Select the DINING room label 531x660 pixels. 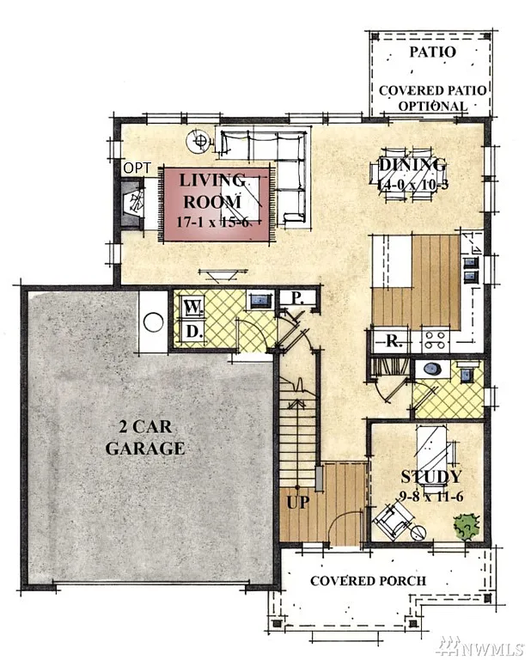pyautogui.click(x=412, y=165)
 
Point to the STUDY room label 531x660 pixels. pyautogui.click(x=430, y=476)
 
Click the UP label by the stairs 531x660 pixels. pyautogui.click(x=297, y=500)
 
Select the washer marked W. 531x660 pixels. pyautogui.click(x=192, y=306)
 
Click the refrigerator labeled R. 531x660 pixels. pyautogui.click(x=394, y=341)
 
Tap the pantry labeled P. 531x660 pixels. pyautogui.click(x=295, y=299)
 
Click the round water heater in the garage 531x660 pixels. pyautogui.click(x=153, y=322)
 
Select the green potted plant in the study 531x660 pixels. pyautogui.click(x=467, y=526)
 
